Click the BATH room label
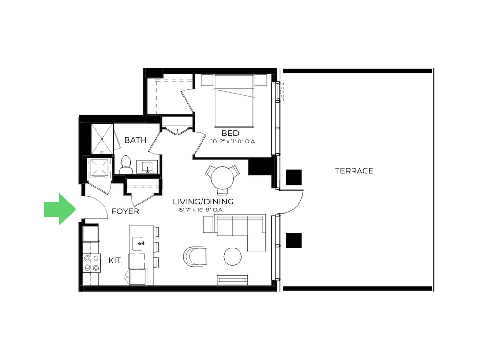point(135,140)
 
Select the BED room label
point(231,134)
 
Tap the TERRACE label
point(354,171)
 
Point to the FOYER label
point(125,211)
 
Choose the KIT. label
point(115,261)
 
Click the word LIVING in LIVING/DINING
point(187,202)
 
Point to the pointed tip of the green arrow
point(77,209)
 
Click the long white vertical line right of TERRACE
point(436,180)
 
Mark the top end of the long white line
point(436,68)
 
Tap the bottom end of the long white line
point(436,292)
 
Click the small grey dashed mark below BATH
point(147,172)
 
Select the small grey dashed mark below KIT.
point(128,277)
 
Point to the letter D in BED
point(236,134)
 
